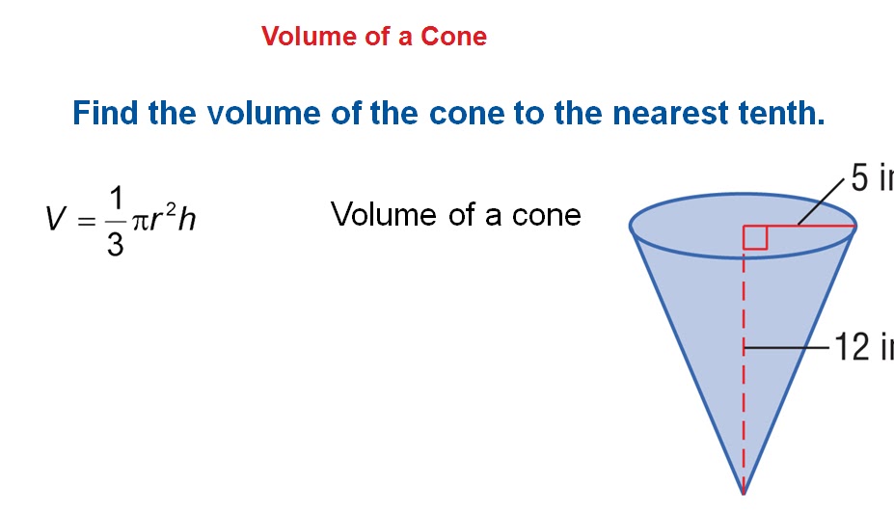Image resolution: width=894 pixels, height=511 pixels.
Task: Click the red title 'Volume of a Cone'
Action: [373, 37]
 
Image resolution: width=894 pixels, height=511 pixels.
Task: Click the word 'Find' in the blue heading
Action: [106, 114]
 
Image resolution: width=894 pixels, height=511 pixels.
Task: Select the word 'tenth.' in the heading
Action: [781, 114]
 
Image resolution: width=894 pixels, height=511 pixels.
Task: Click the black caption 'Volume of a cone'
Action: [455, 214]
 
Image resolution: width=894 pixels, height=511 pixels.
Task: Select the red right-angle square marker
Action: [755, 238]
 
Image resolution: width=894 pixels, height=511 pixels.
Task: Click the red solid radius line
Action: [810, 228]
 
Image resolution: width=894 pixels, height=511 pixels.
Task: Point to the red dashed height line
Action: [744, 386]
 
